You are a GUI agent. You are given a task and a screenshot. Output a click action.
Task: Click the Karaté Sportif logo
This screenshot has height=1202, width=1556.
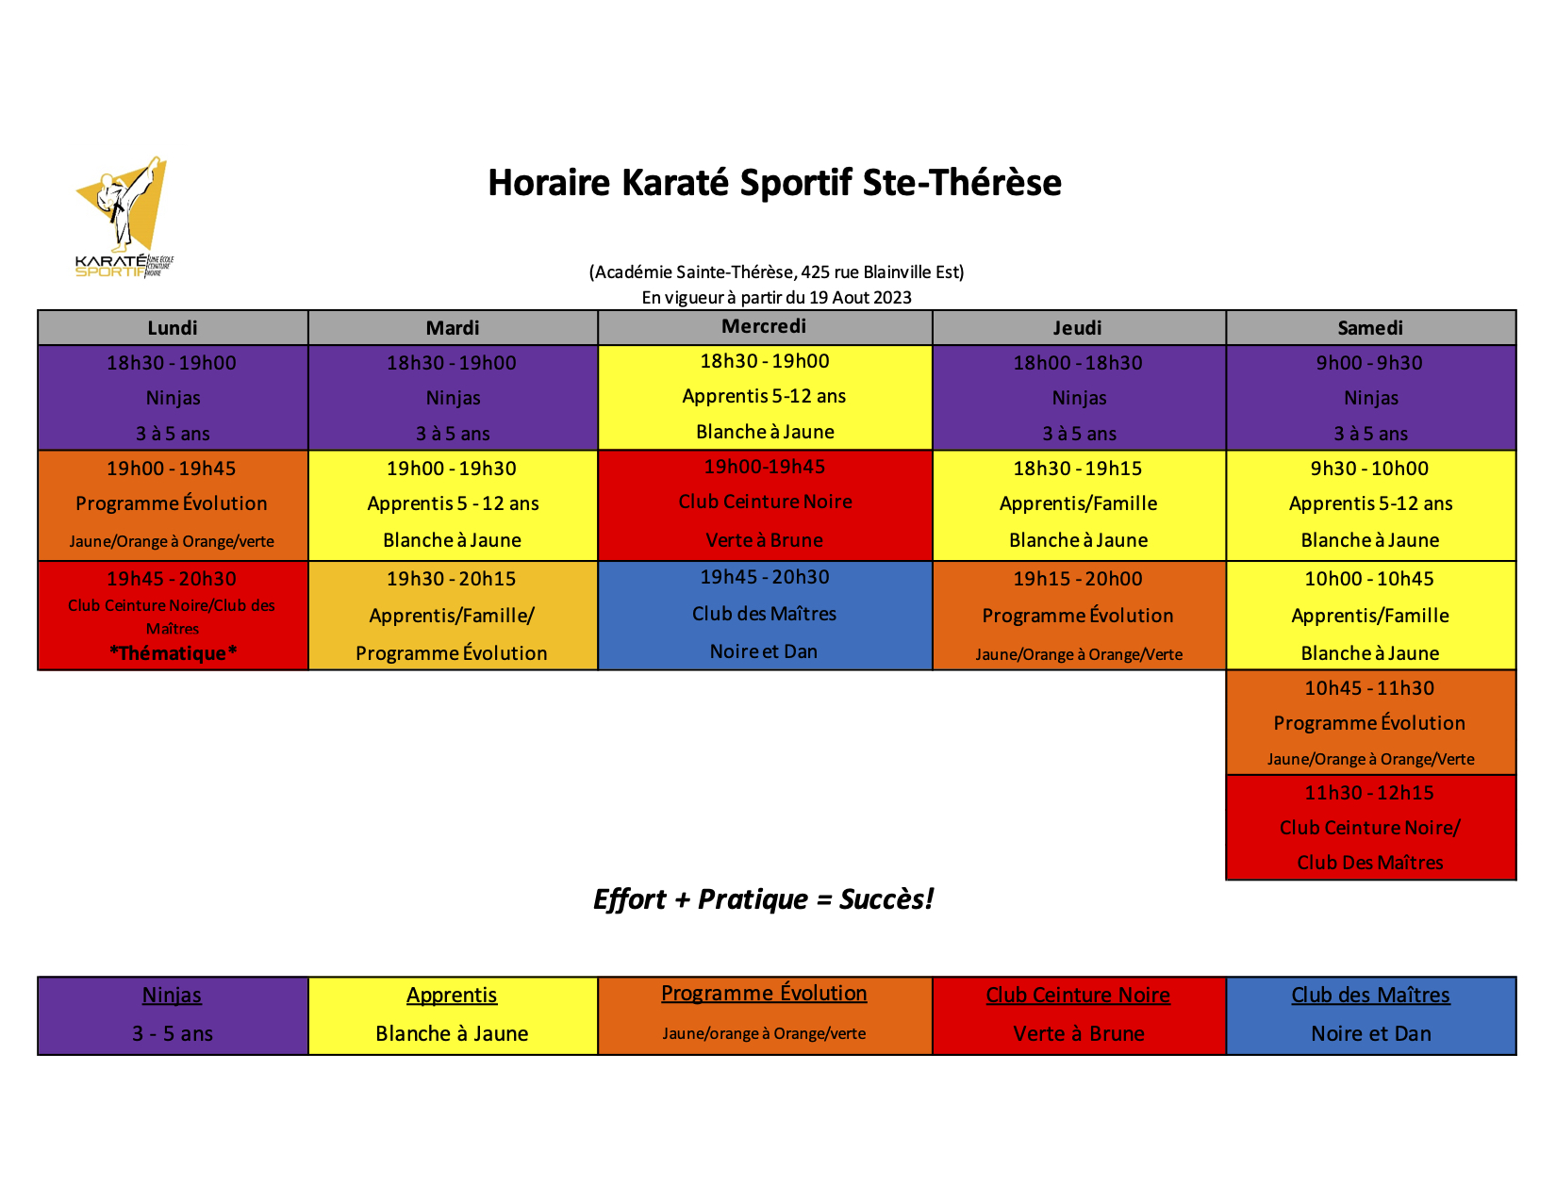tap(124, 217)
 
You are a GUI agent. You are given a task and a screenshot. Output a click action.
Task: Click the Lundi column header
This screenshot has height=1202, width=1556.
tap(173, 328)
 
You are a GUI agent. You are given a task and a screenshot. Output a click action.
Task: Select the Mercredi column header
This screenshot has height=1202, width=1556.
tap(763, 326)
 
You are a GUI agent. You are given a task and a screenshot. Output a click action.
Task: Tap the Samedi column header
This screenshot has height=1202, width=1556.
tap(1370, 328)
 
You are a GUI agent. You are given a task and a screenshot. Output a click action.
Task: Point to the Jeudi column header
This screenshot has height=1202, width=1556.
tap(1077, 328)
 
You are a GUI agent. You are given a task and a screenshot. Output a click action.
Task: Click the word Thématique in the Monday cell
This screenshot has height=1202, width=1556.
tap(172, 653)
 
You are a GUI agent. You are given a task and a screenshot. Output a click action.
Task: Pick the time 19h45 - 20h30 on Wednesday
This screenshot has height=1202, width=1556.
tap(764, 577)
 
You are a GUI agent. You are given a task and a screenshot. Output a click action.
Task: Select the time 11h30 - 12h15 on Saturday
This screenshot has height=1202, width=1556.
tap(1369, 793)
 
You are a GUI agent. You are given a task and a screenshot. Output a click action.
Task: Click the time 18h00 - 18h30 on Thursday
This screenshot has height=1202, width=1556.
tap(1077, 363)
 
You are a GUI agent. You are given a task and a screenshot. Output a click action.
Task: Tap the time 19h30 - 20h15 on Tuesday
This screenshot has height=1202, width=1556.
tap(451, 579)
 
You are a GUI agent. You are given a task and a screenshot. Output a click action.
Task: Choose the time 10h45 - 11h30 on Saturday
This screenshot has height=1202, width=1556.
tap(1369, 688)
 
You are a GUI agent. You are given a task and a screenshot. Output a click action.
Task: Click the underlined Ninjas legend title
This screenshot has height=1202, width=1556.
tap(172, 995)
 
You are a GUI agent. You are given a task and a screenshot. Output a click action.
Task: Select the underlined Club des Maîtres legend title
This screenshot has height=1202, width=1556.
tap(1370, 995)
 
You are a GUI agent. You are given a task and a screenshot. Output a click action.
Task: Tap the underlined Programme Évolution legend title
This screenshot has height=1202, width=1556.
tap(763, 993)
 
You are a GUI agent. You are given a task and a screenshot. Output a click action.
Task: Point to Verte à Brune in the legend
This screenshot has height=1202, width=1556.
tap(1079, 1033)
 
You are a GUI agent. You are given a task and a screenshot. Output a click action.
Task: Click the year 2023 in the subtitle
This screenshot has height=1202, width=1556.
tap(892, 297)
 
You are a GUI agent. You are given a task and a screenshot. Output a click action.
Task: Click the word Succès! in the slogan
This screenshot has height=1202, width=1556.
tap(886, 899)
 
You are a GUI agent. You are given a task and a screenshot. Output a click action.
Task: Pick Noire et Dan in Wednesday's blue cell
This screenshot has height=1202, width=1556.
tap(763, 651)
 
